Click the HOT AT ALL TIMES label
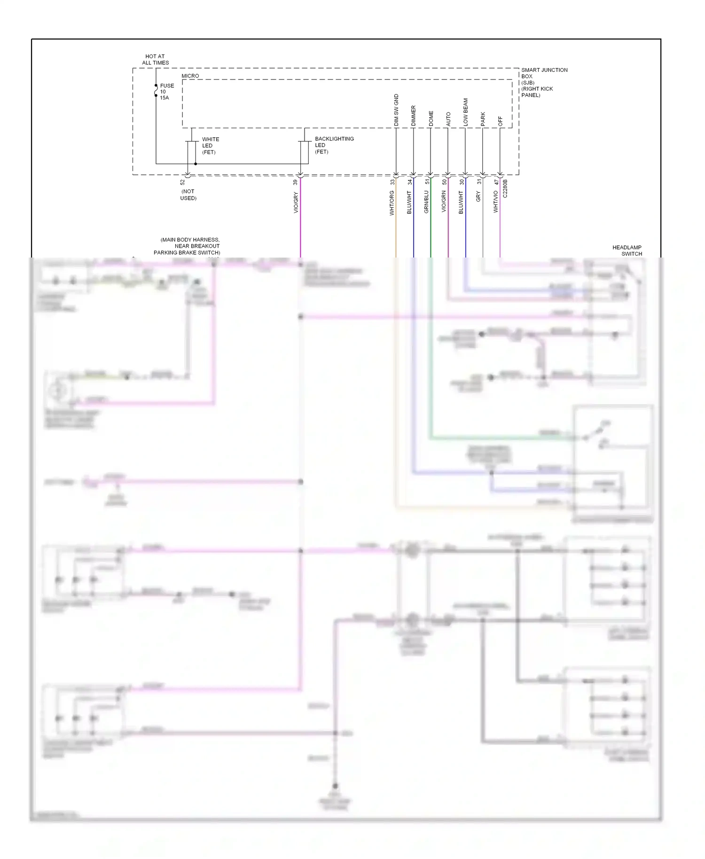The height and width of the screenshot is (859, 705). (x=155, y=60)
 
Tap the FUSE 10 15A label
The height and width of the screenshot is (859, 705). (x=166, y=92)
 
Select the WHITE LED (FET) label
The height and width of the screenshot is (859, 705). (x=210, y=146)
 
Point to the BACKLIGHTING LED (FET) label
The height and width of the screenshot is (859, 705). (x=334, y=145)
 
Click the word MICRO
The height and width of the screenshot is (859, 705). (x=190, y=76)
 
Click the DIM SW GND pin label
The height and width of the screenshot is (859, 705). (x=396, y=110)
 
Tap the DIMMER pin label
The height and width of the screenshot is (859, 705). (x=414, y=116)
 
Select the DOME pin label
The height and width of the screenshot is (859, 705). (x=431, y=118)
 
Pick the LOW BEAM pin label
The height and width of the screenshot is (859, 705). (x=466, y=112)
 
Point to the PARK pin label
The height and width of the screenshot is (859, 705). (x=483, y=119)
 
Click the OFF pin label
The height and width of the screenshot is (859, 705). (x=500, y=121)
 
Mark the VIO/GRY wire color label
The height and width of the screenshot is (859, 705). (x=296, y=203)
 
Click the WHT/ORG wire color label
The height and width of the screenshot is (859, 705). (x=392, y=203)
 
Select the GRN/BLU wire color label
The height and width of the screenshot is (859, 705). (x=427, y=202)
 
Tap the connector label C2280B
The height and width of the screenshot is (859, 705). (x=505, y=188)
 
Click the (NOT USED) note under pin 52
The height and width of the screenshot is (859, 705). (x=188, y=195)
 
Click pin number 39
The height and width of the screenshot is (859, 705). (x=295, y=182)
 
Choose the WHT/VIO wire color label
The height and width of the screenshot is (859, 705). (x=495, y=202)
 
